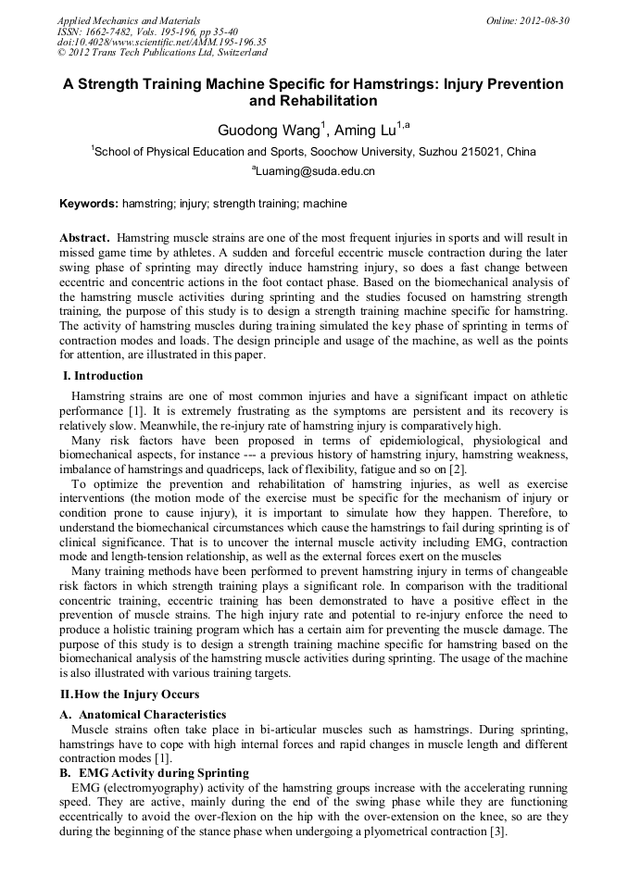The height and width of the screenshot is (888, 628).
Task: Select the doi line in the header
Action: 162,42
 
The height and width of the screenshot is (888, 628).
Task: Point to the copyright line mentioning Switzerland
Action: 162,53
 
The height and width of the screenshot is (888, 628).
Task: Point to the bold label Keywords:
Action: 89,203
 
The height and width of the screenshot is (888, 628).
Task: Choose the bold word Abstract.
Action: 85,238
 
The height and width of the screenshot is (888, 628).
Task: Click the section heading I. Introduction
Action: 103,376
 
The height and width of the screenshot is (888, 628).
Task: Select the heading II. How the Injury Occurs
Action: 130,694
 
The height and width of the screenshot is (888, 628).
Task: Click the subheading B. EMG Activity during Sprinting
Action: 154,771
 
